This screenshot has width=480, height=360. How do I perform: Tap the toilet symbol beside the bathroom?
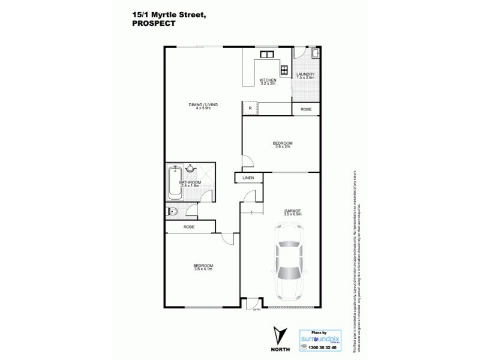(x=172, y=211)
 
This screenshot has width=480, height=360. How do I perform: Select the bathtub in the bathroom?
(x=175, y=182)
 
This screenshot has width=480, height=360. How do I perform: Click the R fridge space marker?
(x=250, y=109)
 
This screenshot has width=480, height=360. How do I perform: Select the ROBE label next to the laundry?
(x=305, y=109)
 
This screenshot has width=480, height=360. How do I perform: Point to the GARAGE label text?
(x=292, y=211)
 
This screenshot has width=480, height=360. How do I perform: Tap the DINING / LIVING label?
(x=203, y=105)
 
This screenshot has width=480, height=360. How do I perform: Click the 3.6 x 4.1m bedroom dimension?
(x=203, y=269)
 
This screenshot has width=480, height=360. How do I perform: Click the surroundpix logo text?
(x=325, y=337)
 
